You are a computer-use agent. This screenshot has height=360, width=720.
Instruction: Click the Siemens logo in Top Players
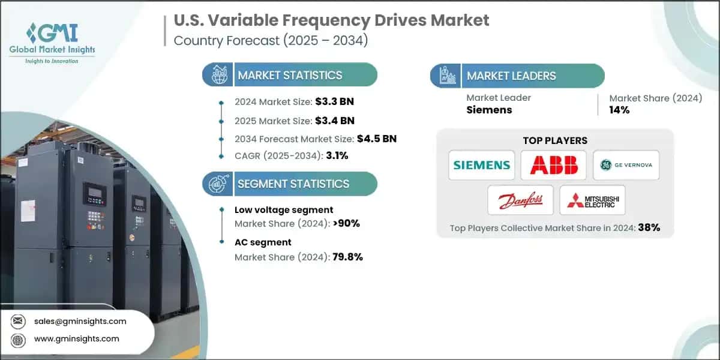481,165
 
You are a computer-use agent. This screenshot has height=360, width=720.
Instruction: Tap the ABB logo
553,165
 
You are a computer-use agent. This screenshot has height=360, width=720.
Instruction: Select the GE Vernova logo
626,165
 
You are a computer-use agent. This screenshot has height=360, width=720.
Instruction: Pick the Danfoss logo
520,200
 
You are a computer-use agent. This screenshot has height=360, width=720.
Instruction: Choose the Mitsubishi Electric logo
592,200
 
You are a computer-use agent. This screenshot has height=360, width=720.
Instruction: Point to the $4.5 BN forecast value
377,139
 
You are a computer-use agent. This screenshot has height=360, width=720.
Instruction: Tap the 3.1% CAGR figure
337,156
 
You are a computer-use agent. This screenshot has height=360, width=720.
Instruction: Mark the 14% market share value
619,110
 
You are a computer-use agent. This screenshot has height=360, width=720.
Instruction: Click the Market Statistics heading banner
290,75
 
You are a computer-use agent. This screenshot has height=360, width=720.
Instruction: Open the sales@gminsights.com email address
80,321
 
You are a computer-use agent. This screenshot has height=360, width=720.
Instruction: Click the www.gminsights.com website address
77,339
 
